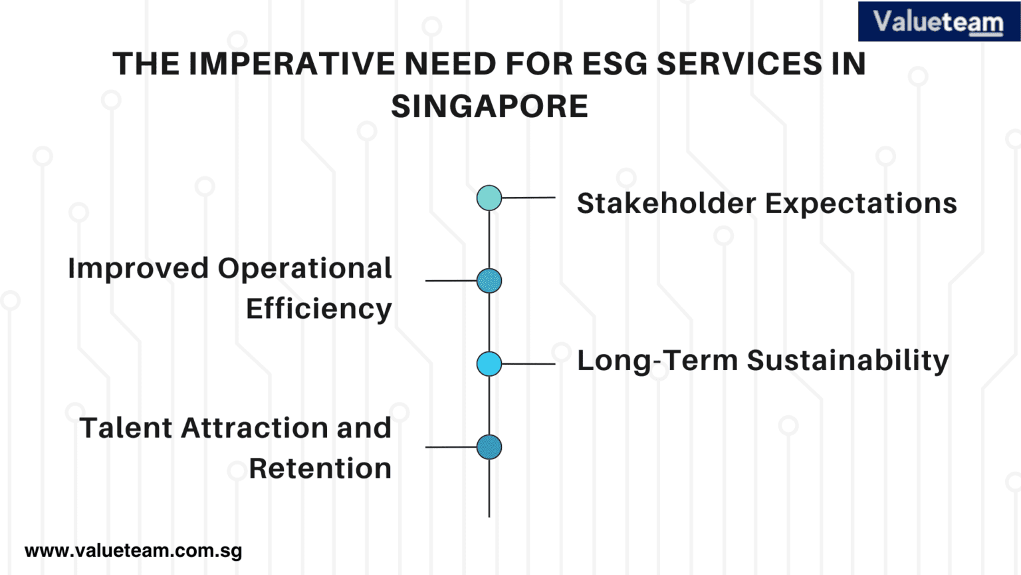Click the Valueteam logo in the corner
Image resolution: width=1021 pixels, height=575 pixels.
point(939,22)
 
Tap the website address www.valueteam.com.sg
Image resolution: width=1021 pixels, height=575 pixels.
point(133,551)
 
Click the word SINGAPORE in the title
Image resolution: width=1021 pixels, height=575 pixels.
point(489,106)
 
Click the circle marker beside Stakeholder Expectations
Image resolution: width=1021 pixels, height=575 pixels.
point(489,198)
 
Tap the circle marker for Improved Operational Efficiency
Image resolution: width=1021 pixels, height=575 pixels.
point(489,281)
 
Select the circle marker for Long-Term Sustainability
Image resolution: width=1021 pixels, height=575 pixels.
point(489,364)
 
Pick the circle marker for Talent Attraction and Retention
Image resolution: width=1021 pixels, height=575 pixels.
point(489,447)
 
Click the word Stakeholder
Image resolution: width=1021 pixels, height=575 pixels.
point(666,204)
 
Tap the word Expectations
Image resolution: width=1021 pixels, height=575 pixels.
point(861,204)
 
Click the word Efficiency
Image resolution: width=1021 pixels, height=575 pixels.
point(319,309)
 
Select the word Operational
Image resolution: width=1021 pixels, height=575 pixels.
point(304,269)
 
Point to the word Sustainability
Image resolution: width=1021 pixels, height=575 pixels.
point(848,361)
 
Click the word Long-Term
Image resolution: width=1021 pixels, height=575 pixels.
point(657,361)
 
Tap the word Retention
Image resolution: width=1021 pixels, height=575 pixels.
point(320,469)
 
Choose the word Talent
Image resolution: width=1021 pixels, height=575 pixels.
point(126,428)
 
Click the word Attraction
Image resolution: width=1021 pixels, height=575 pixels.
point(255,428)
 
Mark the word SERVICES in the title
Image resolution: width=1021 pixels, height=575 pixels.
point(738,65)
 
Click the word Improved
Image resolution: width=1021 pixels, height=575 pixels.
point(138,269)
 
